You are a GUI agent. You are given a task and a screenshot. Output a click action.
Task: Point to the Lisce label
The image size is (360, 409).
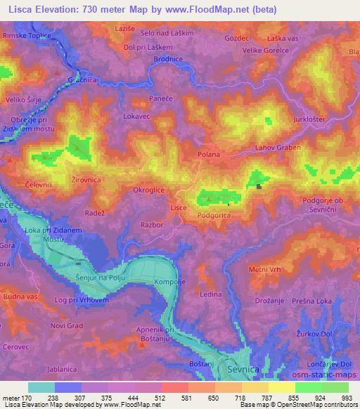point(179,209)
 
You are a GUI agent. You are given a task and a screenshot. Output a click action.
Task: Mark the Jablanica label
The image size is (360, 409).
point(32,368)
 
